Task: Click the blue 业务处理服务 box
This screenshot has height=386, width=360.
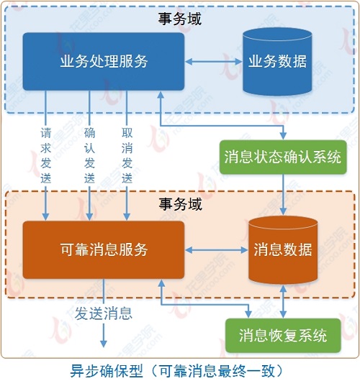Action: coord(103,61)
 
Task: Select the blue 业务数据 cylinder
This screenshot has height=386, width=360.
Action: coord(277,62)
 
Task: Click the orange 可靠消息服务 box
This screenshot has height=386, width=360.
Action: coord(103,249)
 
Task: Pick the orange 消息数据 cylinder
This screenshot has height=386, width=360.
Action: coord(282,249)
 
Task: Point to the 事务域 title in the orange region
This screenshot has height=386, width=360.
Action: coord(180,205)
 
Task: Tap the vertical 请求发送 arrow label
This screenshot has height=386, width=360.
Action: coord(46,155)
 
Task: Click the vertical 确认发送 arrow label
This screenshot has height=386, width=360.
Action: coord(89,155)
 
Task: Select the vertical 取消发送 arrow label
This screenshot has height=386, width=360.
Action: coord(127,155)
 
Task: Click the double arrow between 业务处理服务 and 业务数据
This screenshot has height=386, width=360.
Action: coord(213,61)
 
